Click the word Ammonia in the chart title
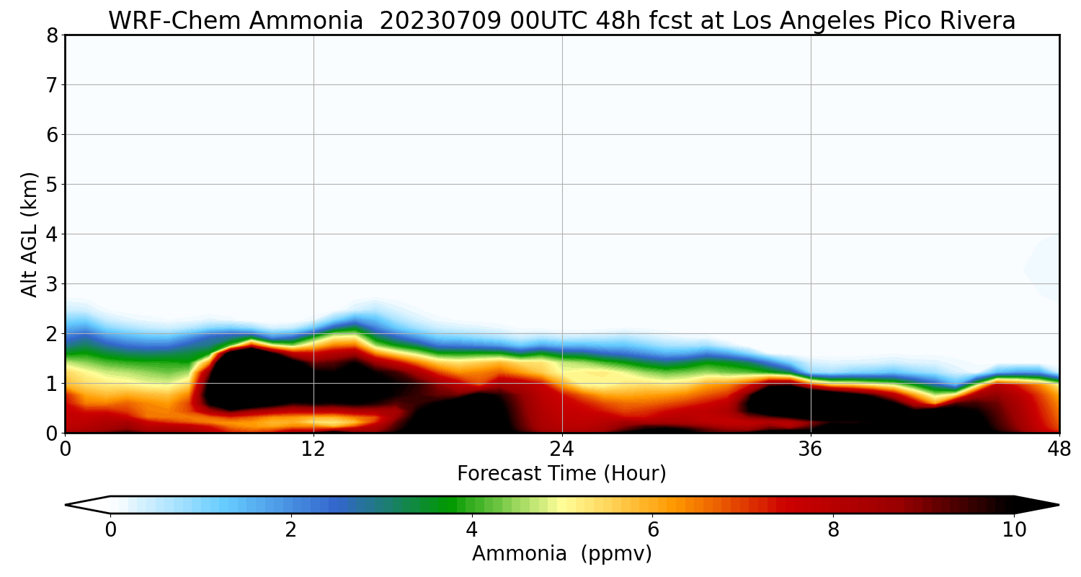point(306,21)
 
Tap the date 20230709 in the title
point(440,21)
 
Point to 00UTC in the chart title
point(548,21)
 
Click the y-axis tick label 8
point(52,36)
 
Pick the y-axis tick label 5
point(52,185)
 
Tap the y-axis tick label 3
point(52,284)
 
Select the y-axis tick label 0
point(52,433)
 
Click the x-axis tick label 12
point(313,449)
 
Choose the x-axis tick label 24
point(561,449)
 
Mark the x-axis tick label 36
point(810,449)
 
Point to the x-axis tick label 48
point(1059,449)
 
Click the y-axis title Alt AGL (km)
point(29,234)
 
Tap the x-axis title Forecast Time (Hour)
point(561,473)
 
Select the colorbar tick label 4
point(471,530)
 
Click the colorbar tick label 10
point(1014,530)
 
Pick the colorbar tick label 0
point(110,530)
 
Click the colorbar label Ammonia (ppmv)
point(561,553)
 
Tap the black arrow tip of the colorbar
point(1059,505)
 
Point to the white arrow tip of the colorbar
point(66,505)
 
